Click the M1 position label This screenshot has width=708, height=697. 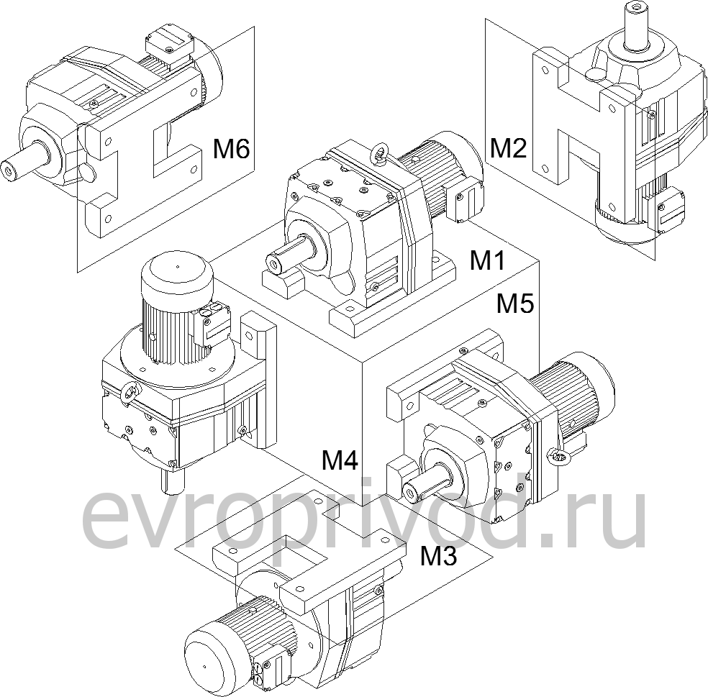pyautogui.click(x=487, y=260)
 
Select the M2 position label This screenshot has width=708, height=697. pyautogui.click(x=508, y=147)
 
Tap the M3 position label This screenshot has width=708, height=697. pyautogui.click(x=439, y=555)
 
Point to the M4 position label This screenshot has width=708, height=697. pyautogui.click(x=340, y=459)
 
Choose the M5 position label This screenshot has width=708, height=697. pyautogui.click(x=515, y=304)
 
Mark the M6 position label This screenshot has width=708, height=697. pyautogui.click(x=231, y=149)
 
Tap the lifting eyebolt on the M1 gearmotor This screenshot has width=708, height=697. pyautogui.click(x=379, y=152)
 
